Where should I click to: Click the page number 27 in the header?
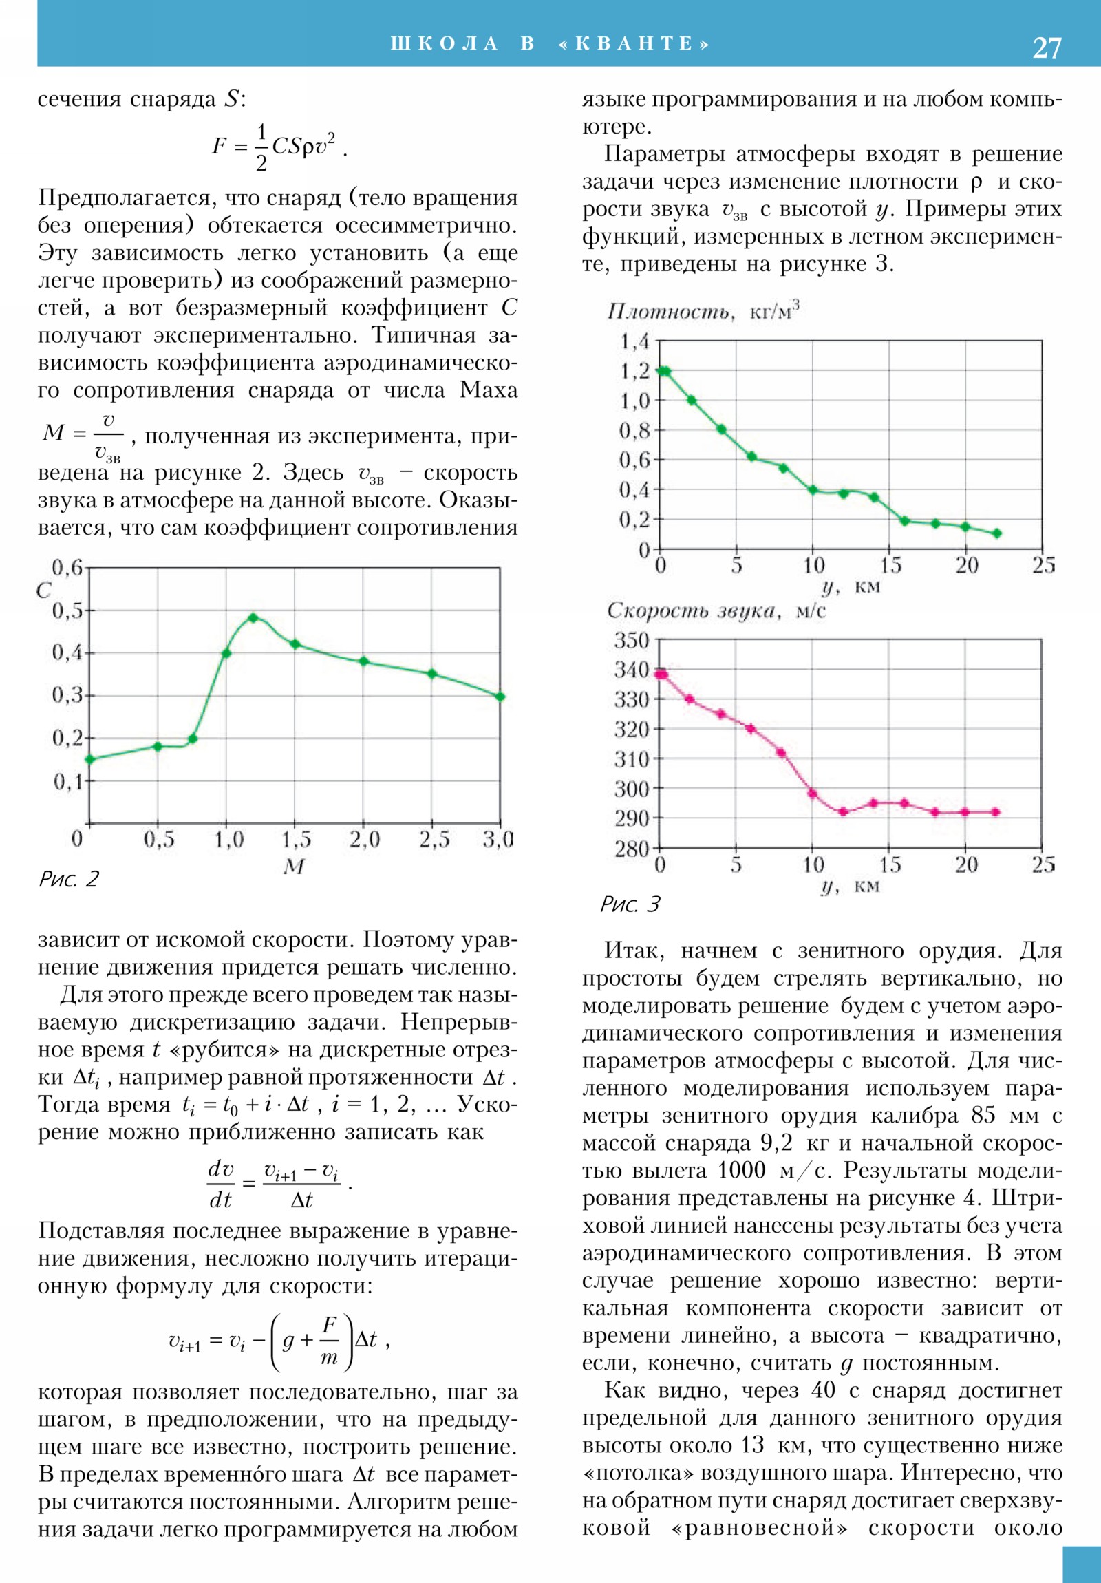(x=1046, y=47)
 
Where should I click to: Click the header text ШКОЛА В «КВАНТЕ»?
(x=549, y=43)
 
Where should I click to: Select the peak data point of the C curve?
(x=253, y=617)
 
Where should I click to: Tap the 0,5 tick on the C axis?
(x=67, y=611)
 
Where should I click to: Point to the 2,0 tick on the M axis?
(x=364, y=839)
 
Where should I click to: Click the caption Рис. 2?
(x=69, y=879)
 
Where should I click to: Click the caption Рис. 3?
(x=630, y=904)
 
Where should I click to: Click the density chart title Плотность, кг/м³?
(x=703, y=312)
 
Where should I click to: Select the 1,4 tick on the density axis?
(x=634, y=341)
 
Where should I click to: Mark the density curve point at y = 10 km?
(x=813, y=490)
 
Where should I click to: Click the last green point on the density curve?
(x=996, y=533)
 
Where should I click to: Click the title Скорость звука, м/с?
(x=716, y=611)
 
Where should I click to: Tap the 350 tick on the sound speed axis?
(x=632, y=641)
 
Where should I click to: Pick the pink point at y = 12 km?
(x=843, y=811)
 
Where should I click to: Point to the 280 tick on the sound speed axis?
(x=632, y=849)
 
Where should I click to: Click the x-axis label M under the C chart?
(x=294, y=867)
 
